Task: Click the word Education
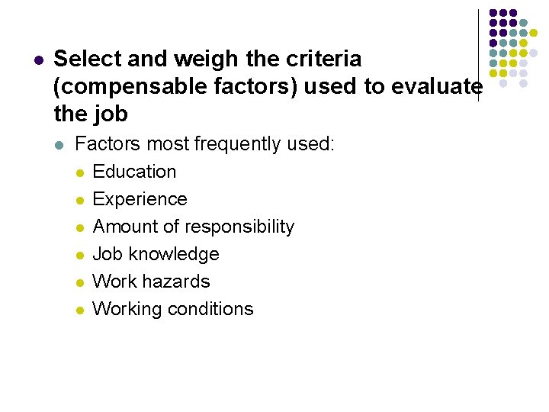[x=134, y=172]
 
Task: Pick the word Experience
[x=140, y=199]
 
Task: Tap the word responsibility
[x=239, y=227]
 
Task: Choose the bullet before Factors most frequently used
[x=60, y=145]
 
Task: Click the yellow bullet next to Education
[x=79, y=172]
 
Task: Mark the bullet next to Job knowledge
[x=79, y=255]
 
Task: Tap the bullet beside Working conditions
[x=79, y=310]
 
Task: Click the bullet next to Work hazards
[x=79, y=282]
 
